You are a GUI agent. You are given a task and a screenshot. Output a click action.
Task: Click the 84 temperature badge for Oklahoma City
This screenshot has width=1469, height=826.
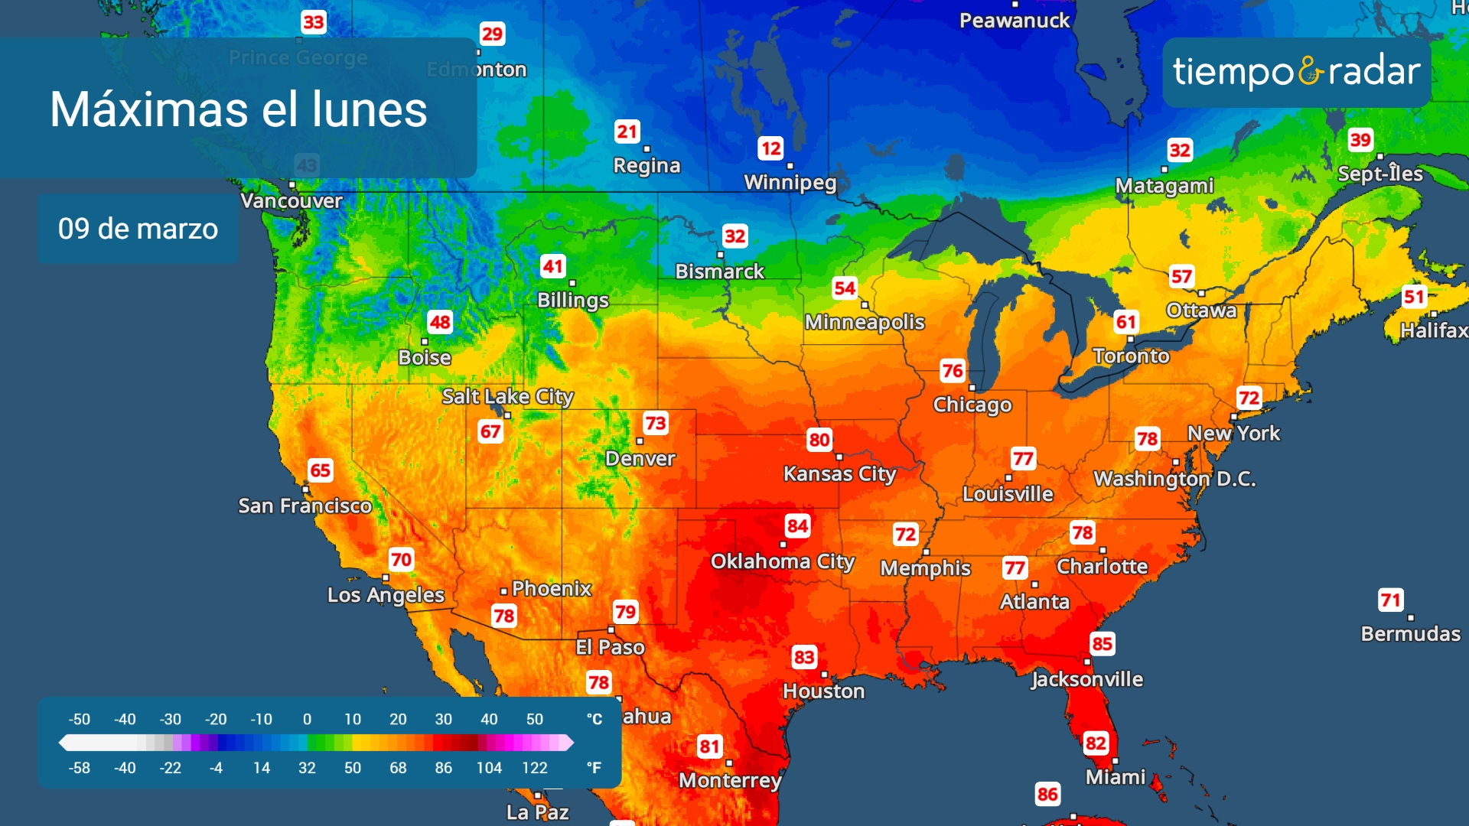click(x=797, y=526)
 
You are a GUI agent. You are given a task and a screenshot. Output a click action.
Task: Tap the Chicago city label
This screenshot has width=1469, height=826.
click(x=972, y=405)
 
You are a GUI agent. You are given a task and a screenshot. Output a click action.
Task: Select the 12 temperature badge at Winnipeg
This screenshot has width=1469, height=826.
click(x=770, y=148)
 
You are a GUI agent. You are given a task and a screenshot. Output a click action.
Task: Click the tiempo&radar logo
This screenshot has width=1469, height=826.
click(x=1296, y=72)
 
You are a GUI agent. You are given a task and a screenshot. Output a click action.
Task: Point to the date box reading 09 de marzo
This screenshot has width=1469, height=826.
click(x=138, y=229)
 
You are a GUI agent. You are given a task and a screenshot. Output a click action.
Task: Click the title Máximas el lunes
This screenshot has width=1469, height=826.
click(x=238, y=109)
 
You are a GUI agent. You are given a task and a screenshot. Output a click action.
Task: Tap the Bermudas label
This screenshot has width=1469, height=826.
click(x=1410, y=634)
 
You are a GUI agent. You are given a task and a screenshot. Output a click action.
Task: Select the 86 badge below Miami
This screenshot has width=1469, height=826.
click(x=1047, y=794)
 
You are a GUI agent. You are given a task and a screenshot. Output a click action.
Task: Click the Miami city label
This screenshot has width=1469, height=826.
click(x=1116, y=777)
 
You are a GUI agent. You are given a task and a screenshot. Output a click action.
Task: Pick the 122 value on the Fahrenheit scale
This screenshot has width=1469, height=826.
click(x=534, y=768)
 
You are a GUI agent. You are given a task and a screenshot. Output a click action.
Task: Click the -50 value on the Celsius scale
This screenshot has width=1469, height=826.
click(x=80, y=720)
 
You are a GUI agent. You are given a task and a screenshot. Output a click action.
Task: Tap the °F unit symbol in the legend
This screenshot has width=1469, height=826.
click(x=594, y=768)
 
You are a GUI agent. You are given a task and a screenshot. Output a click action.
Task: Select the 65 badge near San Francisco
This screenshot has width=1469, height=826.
click(x=320, y=470)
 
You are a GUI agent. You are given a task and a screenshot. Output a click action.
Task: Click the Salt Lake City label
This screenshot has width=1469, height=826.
click(x=507, y=396)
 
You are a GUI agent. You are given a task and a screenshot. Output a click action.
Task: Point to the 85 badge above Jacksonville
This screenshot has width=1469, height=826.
click(x=1102, y=644)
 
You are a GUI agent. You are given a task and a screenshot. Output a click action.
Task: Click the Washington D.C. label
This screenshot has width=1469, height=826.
click(x=1174, y=479)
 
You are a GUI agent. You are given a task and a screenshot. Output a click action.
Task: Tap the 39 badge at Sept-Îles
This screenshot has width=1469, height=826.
click(x=1360, y=140)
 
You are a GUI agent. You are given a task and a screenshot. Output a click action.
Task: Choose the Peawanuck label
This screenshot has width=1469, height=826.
click(x=1015, y=21)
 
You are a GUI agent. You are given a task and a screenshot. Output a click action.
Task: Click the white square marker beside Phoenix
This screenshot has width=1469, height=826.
click(x=503, y=591)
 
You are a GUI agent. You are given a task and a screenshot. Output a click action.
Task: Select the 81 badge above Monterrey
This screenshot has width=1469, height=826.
click(x=709, y=746)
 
